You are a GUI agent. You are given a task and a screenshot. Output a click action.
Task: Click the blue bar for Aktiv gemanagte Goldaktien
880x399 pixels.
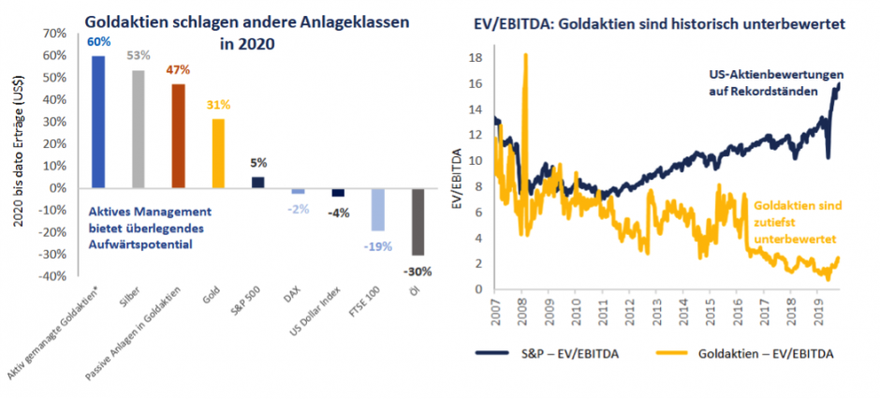(98, 122)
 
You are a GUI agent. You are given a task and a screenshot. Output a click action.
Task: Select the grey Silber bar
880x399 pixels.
(138, 129)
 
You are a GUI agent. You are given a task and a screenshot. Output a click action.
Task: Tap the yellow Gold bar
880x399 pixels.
(217, 154)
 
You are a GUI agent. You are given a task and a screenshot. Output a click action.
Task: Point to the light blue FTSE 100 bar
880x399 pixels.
(377, 210)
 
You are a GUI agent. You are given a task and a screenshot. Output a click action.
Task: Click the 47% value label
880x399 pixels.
(178, 70)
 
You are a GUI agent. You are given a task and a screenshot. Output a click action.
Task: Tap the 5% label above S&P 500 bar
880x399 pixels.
(257, 162)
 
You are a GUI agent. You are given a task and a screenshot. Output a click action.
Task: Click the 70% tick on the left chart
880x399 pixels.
(52, 34)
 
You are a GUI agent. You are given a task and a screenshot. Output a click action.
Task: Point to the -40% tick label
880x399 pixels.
(51, 276)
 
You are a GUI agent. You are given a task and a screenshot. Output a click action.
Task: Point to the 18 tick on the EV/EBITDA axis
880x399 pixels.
(476, 57)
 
